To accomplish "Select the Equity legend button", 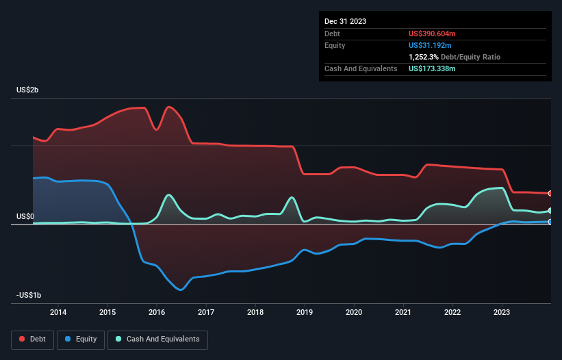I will click(x=80, y=339).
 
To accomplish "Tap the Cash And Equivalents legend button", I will click(x=157, y=339).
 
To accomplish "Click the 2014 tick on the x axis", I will click(x=58, y=312).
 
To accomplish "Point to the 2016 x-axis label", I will click(x=157, y=312).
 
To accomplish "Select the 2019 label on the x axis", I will click(x=305, y=312).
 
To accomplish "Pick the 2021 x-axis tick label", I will click(x=403, y=312).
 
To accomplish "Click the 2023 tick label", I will click(x=502, y=312).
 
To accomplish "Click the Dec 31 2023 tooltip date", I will click(x=345, y=21).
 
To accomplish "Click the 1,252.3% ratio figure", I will click(x=426, y=57).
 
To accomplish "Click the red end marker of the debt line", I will click(x=550, y=194).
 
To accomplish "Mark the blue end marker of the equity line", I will click(x=550, y=222).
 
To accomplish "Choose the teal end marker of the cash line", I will click(x=550, y=211).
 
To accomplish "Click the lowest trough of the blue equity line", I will click(x=181, y=290).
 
